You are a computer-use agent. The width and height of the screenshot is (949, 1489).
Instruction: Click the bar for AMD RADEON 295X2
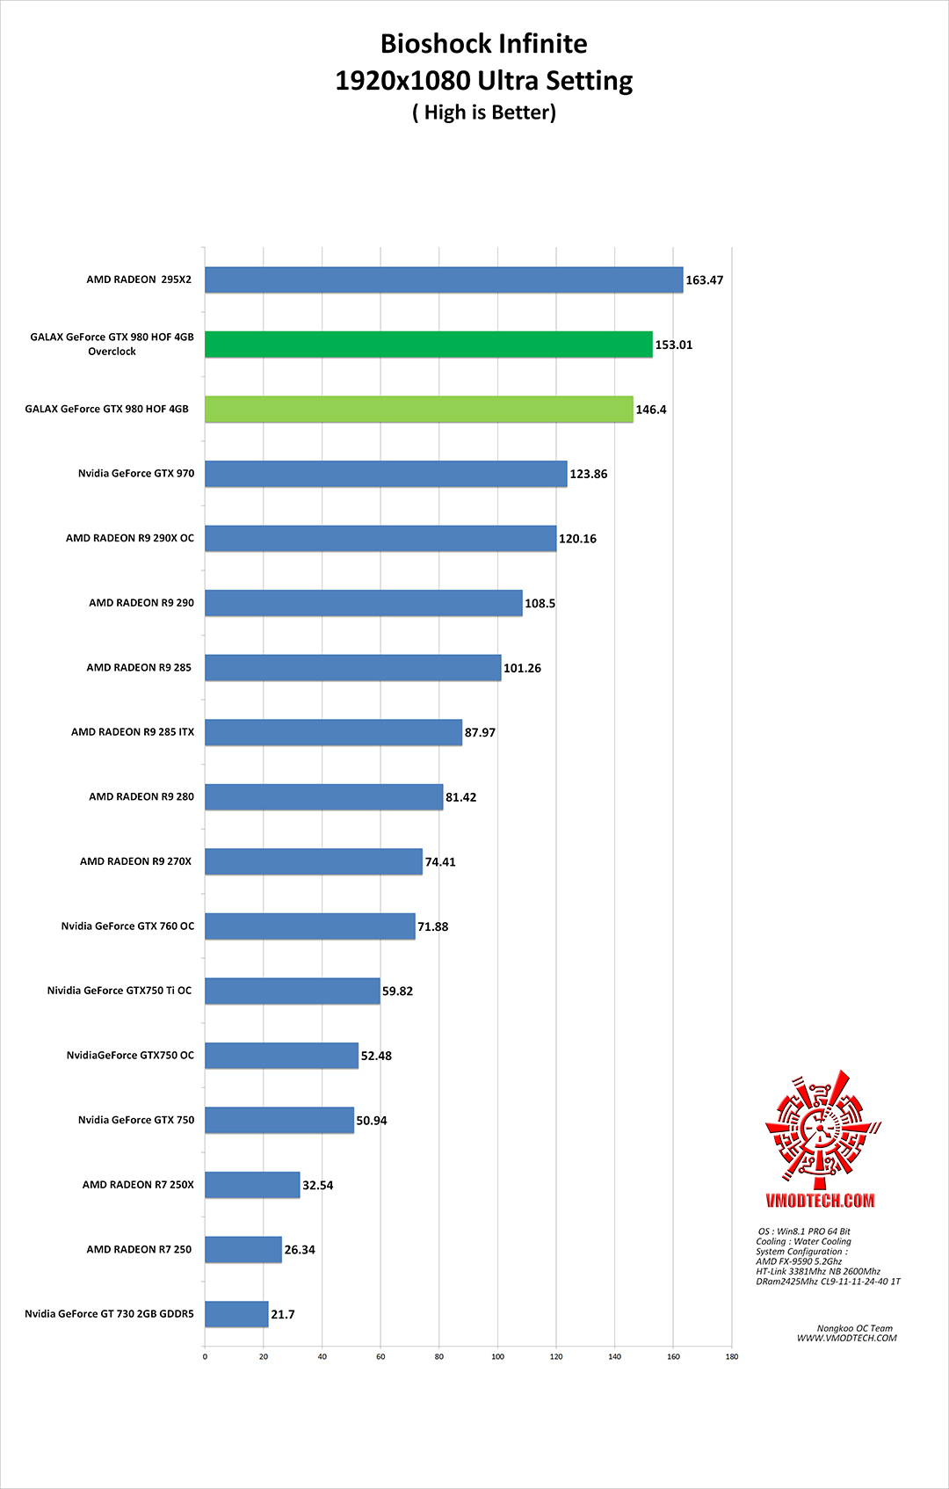pos(444,280)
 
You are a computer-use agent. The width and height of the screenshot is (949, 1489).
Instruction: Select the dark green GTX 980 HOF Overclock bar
pos(429,345)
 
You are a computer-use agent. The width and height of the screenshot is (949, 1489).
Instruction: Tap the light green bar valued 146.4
pos(419,410)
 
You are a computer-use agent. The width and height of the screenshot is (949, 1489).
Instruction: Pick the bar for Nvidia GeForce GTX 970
pos(386,474)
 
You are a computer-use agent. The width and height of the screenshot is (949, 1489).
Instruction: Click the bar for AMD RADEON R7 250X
pos(252,1185)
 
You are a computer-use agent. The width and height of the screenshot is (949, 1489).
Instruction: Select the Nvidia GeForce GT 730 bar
pos(236,1314)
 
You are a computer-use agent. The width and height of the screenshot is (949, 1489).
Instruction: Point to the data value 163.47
pos(704,280)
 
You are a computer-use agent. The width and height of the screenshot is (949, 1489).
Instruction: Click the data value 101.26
pos(522,668)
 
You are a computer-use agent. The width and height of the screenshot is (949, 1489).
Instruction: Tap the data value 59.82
pos(397,991)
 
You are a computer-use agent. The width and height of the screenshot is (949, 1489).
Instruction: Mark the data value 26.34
pos(300,1250)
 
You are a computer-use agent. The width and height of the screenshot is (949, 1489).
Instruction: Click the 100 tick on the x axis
pos(497,1356)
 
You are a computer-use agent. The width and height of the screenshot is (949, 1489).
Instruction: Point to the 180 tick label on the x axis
pos(732,1356)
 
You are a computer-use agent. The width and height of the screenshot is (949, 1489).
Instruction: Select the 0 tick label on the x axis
pos(205,1356)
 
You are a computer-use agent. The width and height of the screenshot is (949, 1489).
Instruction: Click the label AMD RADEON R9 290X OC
pos(130,538)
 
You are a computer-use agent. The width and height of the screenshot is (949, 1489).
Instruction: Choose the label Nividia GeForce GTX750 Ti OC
pos(120,991)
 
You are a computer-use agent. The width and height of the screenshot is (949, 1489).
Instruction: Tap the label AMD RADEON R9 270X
pos(135,861)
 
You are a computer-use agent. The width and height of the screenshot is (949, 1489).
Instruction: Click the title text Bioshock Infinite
pos(483,44)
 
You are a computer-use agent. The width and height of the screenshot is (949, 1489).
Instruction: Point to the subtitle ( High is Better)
pos(484,113)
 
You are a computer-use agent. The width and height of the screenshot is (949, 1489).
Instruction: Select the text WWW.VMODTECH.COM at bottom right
pos(846,1339)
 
